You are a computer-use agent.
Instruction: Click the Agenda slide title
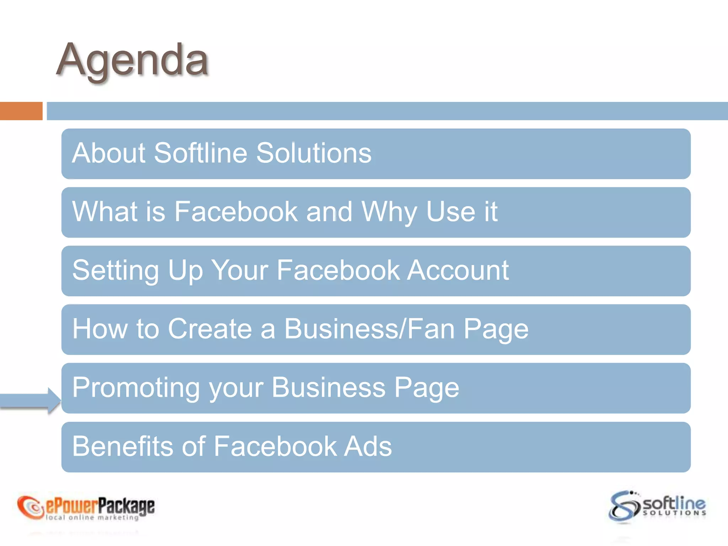[132, 60]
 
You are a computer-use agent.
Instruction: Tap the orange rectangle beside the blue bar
[21, 111]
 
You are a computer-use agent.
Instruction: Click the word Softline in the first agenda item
[200, 153]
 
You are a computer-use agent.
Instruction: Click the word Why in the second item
[389, 212]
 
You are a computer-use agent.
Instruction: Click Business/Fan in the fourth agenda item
[369, 329]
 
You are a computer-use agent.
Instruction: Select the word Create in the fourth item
[210, 329]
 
